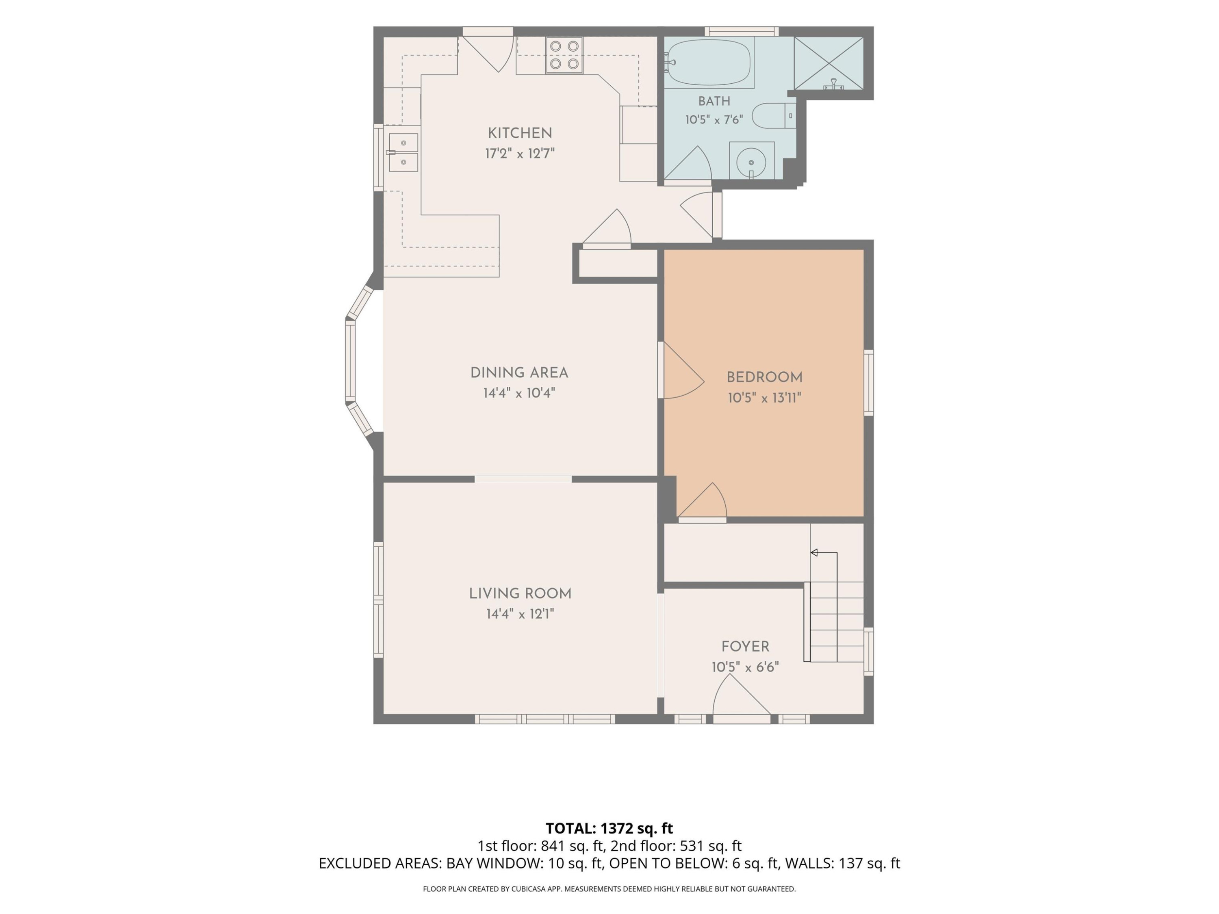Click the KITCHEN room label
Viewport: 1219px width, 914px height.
[x=520, y=133]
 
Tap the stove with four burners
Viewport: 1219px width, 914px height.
[x=564, y=55]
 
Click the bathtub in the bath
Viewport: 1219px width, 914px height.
[x=709, y=63]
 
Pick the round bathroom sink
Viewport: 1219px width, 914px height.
[x=752, y=161]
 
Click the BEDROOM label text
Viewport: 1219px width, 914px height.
[x=764, y=377]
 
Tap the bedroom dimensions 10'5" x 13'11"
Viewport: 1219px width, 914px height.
[x=764, y=398]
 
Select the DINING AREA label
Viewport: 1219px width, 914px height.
[x=519, y=373]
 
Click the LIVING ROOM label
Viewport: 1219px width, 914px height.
[x=520, y=593]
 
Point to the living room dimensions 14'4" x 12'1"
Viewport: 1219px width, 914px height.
[x=520, y=614]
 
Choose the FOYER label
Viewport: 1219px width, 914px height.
[x=745, y=646]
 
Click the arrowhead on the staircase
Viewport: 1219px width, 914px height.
[x=813, y=552]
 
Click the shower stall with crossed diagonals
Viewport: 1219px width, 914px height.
[x=828, y=63]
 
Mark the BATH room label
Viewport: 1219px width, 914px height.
[x=714, y=102]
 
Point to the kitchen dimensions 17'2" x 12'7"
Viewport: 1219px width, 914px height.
[x=520, y=153]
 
